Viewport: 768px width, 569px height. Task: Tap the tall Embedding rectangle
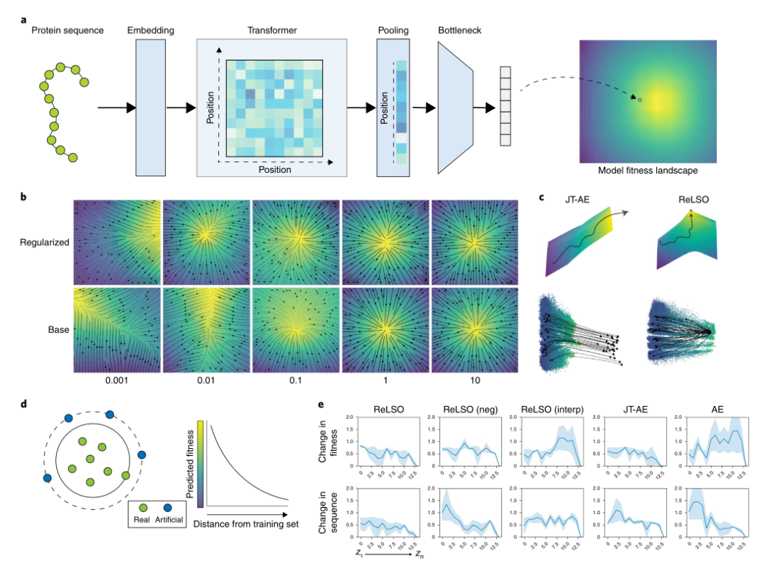click(150, 107)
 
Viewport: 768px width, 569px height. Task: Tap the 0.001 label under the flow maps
click(117, 381)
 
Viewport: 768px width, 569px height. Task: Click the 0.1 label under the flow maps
click(296, 381)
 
